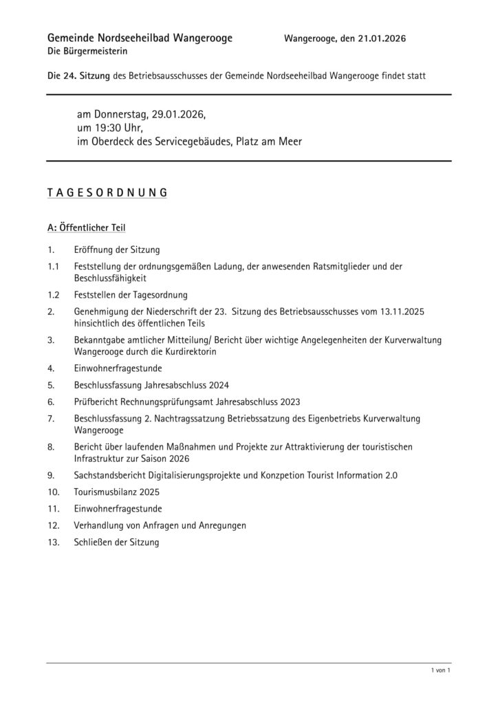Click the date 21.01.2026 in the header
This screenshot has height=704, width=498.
coord(382,39)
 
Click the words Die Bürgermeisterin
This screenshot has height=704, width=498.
coord(87,52)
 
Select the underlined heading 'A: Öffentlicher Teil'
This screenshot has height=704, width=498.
coord(86,227)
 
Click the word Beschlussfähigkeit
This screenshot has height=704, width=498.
coord(110,278)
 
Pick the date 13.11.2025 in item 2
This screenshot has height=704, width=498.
coord(402,311)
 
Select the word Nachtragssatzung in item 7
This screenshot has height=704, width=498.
coord(181,418)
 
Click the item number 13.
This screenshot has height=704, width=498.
coord(54,542)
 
